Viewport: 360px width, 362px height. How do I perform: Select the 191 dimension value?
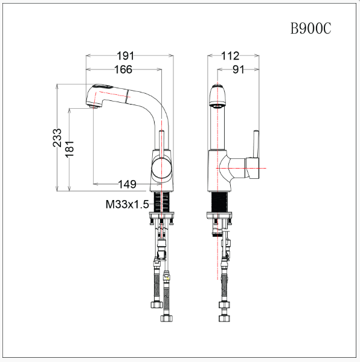coord(126,56)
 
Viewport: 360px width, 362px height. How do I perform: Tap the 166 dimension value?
coord(123,70)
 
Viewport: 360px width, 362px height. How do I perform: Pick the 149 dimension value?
coord(126,184)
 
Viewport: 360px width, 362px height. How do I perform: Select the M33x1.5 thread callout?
coord(127,204)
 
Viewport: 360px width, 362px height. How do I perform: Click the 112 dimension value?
coord(230,56)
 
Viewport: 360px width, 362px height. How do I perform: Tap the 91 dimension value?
coord(238,70)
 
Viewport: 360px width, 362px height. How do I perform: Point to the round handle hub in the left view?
coord(162,168)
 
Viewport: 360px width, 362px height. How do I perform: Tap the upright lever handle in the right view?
coord(256,145)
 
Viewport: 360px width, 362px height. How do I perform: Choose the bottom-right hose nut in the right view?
coord(227,317)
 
